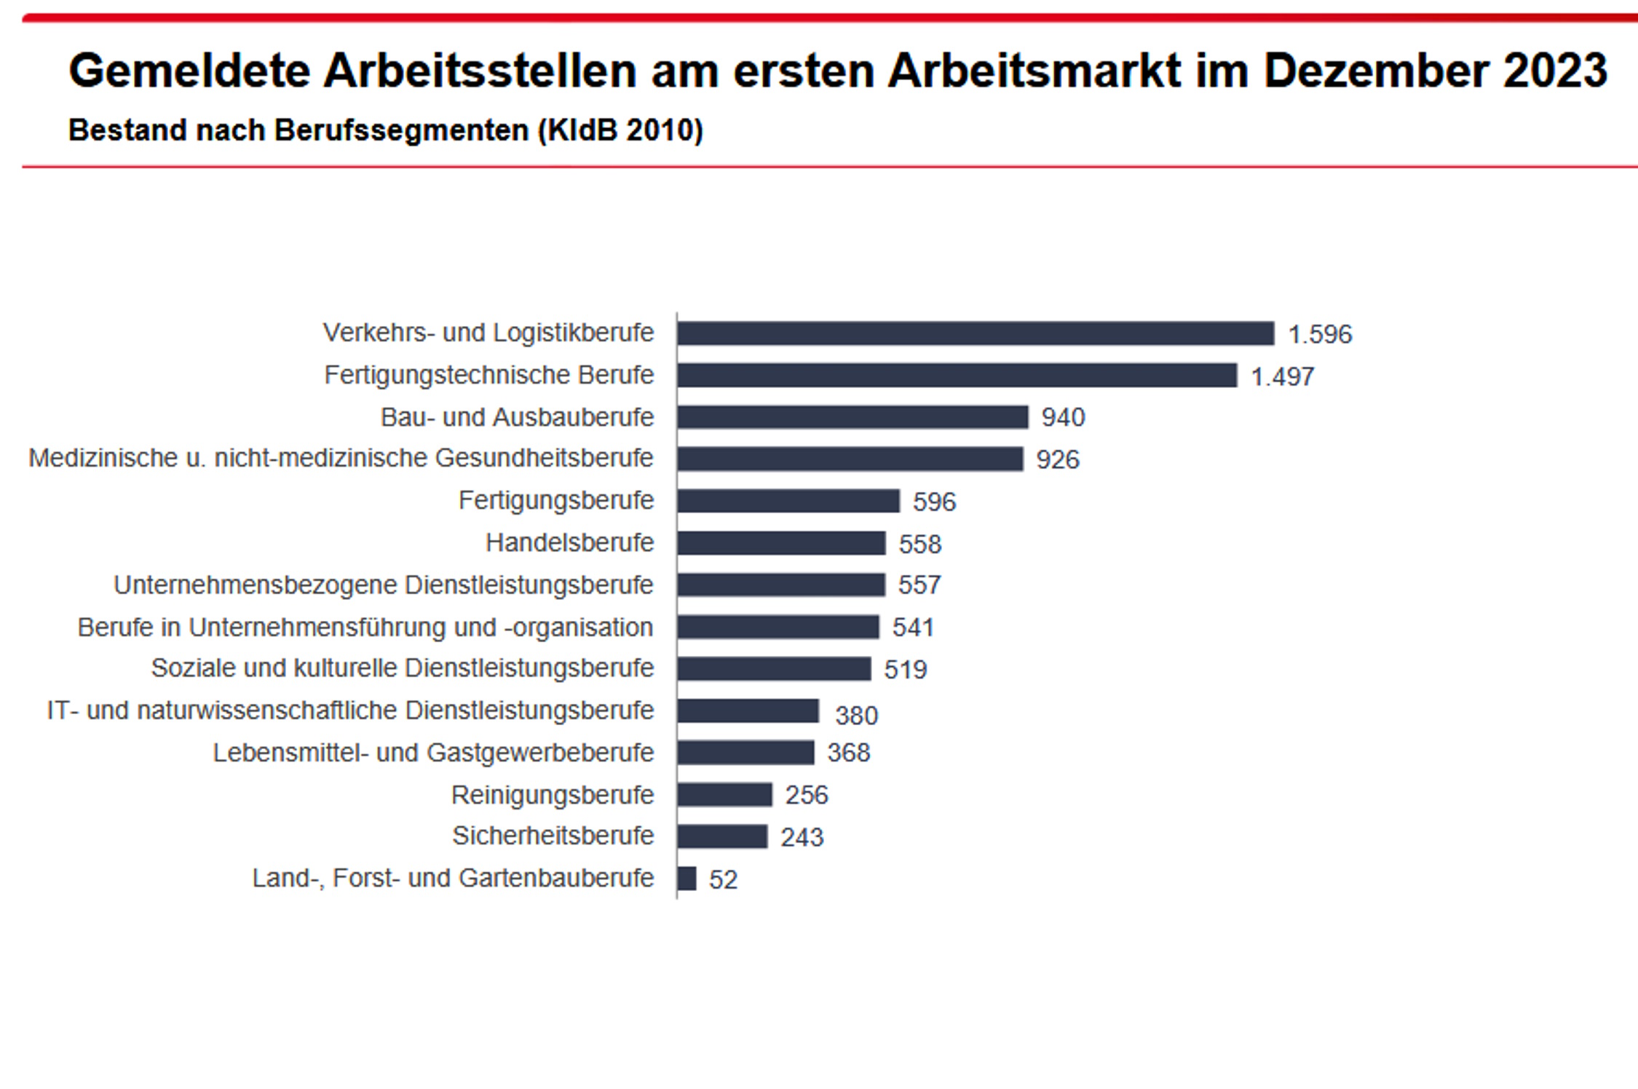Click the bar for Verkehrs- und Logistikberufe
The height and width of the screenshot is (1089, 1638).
pyautogui.click(x=976, y=333)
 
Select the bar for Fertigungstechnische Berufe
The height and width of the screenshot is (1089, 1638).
pyautogui.click(x=957, y=376)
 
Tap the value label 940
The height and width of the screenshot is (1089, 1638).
pyautogui.click(x=1063, y=418)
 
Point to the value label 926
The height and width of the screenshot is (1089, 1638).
pyautogui.click(x=1058, y=460)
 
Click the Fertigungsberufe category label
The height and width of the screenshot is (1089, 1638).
pyautogui.click(x=556, y=501)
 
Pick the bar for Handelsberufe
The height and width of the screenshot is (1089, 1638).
pyautogui.click(x=781, y=544)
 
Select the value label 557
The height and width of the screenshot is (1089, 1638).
pyautogui.click(x=919, y=585)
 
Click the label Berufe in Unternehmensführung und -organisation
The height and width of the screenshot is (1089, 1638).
pyautogui.click(x=365, y=627)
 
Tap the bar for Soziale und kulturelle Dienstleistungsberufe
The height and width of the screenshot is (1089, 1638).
pyautogui.click(x=774, y=669)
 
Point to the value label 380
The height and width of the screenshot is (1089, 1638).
pyautogui.click(x=856, y=716)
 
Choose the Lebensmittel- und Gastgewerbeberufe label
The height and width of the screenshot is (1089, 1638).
pyautogui.click(x=433, y=753)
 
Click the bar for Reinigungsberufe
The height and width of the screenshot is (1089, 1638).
pyautogui.click(x=724, y=795)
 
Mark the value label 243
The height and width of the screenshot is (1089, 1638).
pyautogui.click(x=802, y=838)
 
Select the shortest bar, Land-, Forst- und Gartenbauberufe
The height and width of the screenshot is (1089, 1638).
pyautogui.click(x=687, y=879)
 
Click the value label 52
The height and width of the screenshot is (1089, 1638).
pyautogui.click(x=723, y=880)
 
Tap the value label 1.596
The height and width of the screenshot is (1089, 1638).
pyautogui.click(x=1320, y=335)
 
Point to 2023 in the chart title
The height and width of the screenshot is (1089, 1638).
pyautogui.click(x=1554, y=71)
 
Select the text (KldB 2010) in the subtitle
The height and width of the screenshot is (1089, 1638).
pyautogui.click(x=620, y=131)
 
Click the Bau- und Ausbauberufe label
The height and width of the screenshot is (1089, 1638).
pyautogui.click(x=517, y=418)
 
